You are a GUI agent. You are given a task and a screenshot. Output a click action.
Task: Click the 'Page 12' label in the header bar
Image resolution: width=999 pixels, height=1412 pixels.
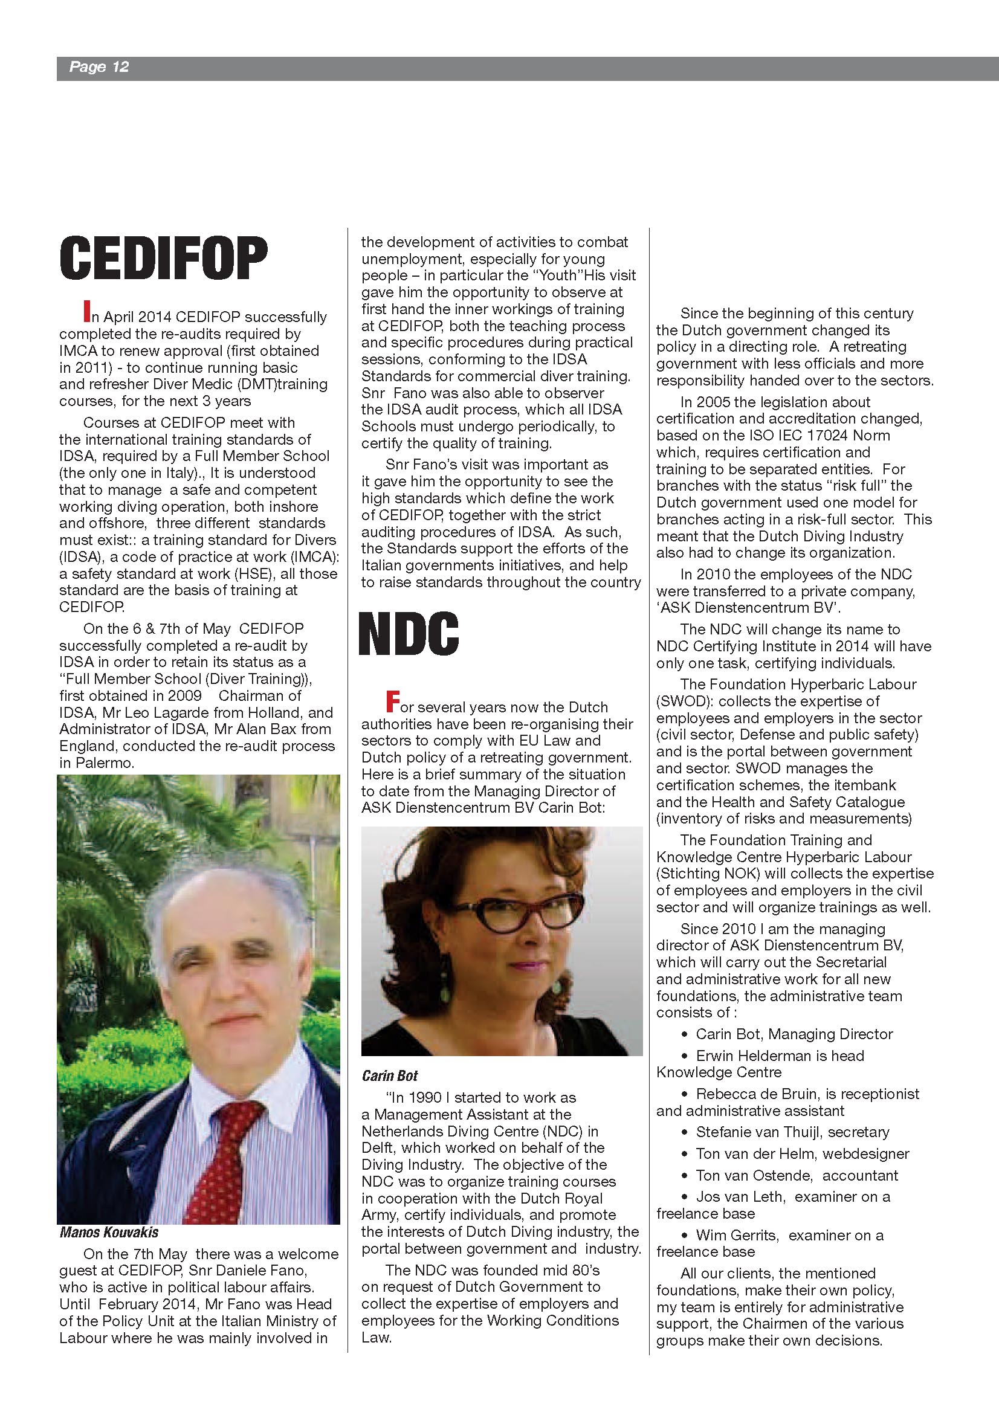click(99, 67)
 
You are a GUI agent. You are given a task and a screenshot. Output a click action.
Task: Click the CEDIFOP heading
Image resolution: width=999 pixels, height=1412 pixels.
click(164, 259)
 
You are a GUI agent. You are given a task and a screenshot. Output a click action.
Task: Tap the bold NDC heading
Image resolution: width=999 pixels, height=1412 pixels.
click(409, 634)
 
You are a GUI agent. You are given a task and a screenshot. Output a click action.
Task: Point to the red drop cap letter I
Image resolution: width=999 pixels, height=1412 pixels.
click(87, 311)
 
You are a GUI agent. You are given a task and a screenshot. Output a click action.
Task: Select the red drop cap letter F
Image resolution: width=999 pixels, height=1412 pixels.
click(392, 701)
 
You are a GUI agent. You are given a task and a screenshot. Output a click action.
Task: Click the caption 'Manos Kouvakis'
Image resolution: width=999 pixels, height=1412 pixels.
click(109, 1233)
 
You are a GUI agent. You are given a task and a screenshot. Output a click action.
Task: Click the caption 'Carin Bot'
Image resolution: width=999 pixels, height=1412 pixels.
click(389, 1075)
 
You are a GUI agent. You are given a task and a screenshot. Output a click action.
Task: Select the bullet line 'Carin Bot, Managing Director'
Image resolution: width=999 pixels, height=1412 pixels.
click(794, 1034)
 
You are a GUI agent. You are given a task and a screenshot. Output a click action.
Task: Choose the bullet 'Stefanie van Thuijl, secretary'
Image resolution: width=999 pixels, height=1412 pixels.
click(792, 1132)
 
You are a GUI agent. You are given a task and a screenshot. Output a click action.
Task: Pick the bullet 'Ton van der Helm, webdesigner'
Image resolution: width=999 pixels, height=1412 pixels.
click(802, 1154)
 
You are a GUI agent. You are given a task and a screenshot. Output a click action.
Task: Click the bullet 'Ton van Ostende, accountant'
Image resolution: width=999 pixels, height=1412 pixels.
click(797, 1175)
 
